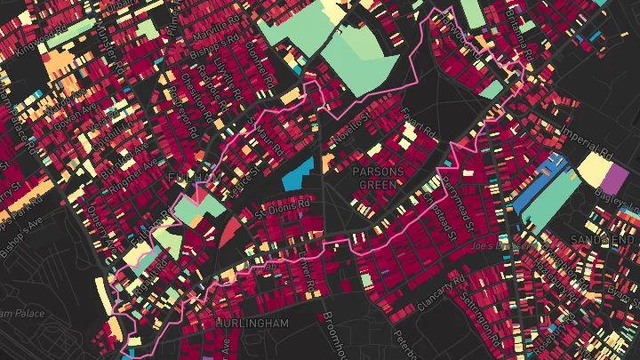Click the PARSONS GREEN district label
click(x=379, y=177)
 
